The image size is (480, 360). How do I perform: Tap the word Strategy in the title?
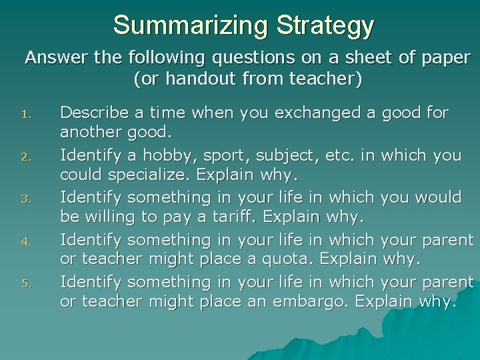tap(325, 25)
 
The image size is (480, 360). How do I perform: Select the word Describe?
tap(93, 112)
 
